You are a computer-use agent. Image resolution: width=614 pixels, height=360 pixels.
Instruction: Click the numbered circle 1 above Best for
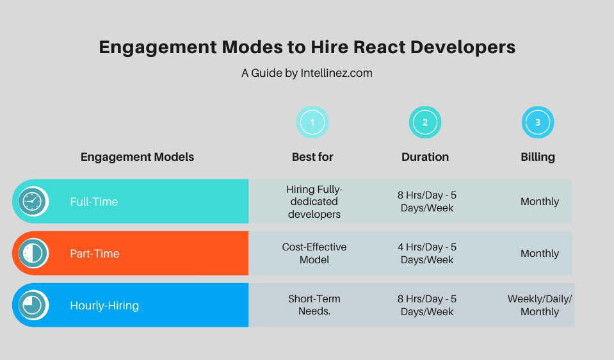[312, 122]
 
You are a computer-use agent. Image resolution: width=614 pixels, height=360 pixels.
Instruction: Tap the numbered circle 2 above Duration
[425, 122]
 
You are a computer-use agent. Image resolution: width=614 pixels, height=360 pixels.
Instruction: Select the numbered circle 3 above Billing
[538, 122]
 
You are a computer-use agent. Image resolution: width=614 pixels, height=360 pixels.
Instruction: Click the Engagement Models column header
[137, 157]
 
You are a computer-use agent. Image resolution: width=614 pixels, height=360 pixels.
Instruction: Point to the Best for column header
[312, 157]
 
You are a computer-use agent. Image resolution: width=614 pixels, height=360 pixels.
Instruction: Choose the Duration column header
[425, 157]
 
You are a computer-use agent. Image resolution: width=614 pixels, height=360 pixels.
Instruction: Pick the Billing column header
[538, 157]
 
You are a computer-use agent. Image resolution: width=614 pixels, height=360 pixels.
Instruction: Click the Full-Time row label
[94, 202]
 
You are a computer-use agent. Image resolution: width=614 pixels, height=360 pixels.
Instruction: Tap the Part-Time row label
[95, 254]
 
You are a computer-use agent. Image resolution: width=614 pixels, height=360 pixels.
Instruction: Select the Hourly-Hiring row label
[104, 306]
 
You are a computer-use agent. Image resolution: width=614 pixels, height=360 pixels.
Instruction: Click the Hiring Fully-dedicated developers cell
[314, 202]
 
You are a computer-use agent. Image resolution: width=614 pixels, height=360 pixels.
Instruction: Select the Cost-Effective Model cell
[314, 254]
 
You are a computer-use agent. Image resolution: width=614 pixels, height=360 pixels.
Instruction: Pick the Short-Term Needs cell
[314, 306]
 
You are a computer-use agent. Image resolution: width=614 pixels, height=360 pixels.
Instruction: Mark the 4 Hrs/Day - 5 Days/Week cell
[427, 254]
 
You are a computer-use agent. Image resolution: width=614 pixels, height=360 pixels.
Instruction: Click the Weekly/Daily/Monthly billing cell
[540, 306]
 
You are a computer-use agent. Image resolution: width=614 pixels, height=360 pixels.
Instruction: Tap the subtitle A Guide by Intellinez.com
[307, 73]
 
